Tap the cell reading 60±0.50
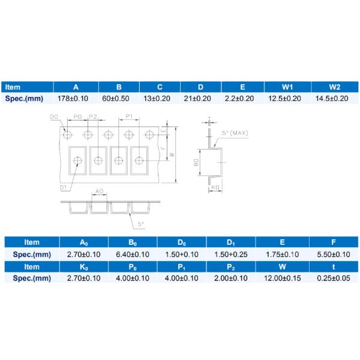(x=119, y=98)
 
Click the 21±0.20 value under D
(x=200, y=98)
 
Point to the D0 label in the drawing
(x=54, y=116)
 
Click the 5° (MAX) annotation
(x=235, y=133)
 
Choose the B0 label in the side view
(x=197, y=163)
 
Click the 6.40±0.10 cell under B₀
(x=133, y=254)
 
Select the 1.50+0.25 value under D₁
(x=230, y=254)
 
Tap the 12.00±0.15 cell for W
(x=280, y=278)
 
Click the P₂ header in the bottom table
(x=230, y=266)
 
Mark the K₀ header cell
(x=84, y=266)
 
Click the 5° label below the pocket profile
(x=140, y=223)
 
